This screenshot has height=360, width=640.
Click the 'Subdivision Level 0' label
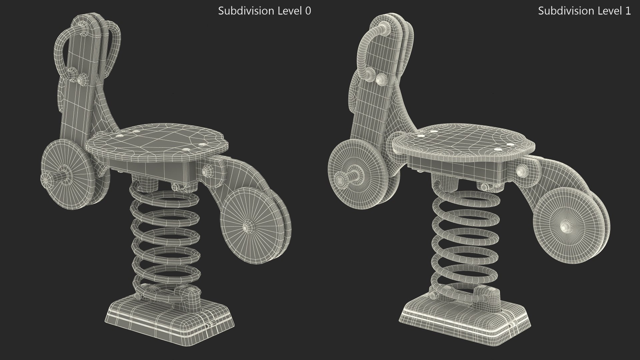point(264,11)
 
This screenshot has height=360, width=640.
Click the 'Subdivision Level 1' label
point(584,11)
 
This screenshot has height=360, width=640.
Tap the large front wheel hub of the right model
point(564,227)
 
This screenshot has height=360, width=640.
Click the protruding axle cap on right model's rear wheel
point(340,180)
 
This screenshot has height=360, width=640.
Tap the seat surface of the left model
point(157,140)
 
